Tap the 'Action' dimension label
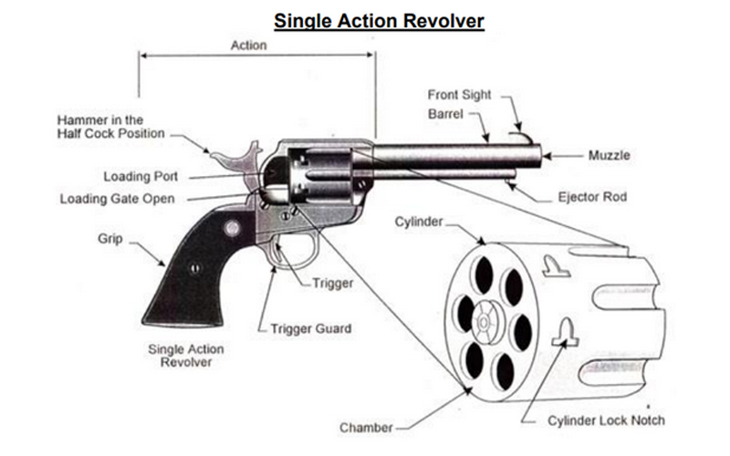(248, 46)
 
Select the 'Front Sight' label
(460, 95)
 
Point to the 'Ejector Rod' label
(590, 196)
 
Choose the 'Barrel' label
(446, 114)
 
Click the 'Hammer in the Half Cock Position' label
(110, 127)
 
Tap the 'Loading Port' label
(141, 176)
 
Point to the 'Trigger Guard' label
(311, 327)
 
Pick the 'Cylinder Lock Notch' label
(606, 420)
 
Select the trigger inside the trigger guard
(279, 255)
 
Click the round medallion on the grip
(232, 228)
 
